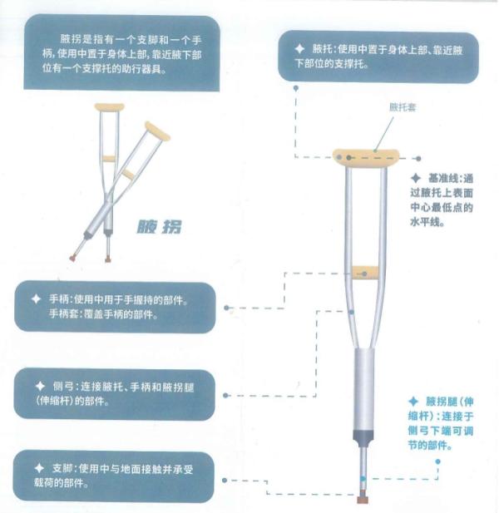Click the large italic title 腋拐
[159, 227]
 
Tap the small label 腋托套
[403, 107]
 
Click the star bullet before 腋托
[299, 49]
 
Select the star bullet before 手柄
[36, 298]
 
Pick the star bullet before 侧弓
[40, 386]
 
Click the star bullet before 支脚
[39, 468]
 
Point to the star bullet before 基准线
[416, 178]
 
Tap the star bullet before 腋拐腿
[413, 401]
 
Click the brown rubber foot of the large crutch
[363, 500]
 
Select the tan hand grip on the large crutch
[365, 273]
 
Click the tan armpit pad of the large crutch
[366, 158]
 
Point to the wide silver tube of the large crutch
[364, 390]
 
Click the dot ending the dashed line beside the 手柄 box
[226, 308]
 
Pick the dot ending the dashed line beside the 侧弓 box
[225, 395]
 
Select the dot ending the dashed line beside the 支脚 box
[225, 480]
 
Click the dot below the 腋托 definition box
[296, 88]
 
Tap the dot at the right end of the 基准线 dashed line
[418, 158]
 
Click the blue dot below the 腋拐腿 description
[437, 461]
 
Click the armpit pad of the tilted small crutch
[157, 131]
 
